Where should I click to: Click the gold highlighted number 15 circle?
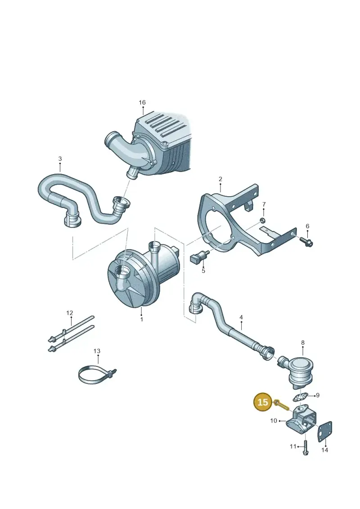click(263, 402)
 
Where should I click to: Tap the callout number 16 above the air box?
click(142, 103)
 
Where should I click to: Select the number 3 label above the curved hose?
click(60, 159)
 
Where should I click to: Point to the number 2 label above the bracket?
click(220, 179)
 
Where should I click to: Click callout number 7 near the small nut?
click(264, 204)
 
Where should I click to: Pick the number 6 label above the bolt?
click(307, 226)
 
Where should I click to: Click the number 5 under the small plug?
click(203, 270)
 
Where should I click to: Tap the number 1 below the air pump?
click(142, 320)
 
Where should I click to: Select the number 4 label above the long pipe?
click(241, 317)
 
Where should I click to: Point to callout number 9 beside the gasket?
click(318, 395)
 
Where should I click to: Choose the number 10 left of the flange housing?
click(274, 421)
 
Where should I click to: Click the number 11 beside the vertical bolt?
click(293, 446)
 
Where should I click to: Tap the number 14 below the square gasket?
click(324, 450)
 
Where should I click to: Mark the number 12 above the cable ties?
click(70, 313)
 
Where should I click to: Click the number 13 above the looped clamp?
click(97, 351)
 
